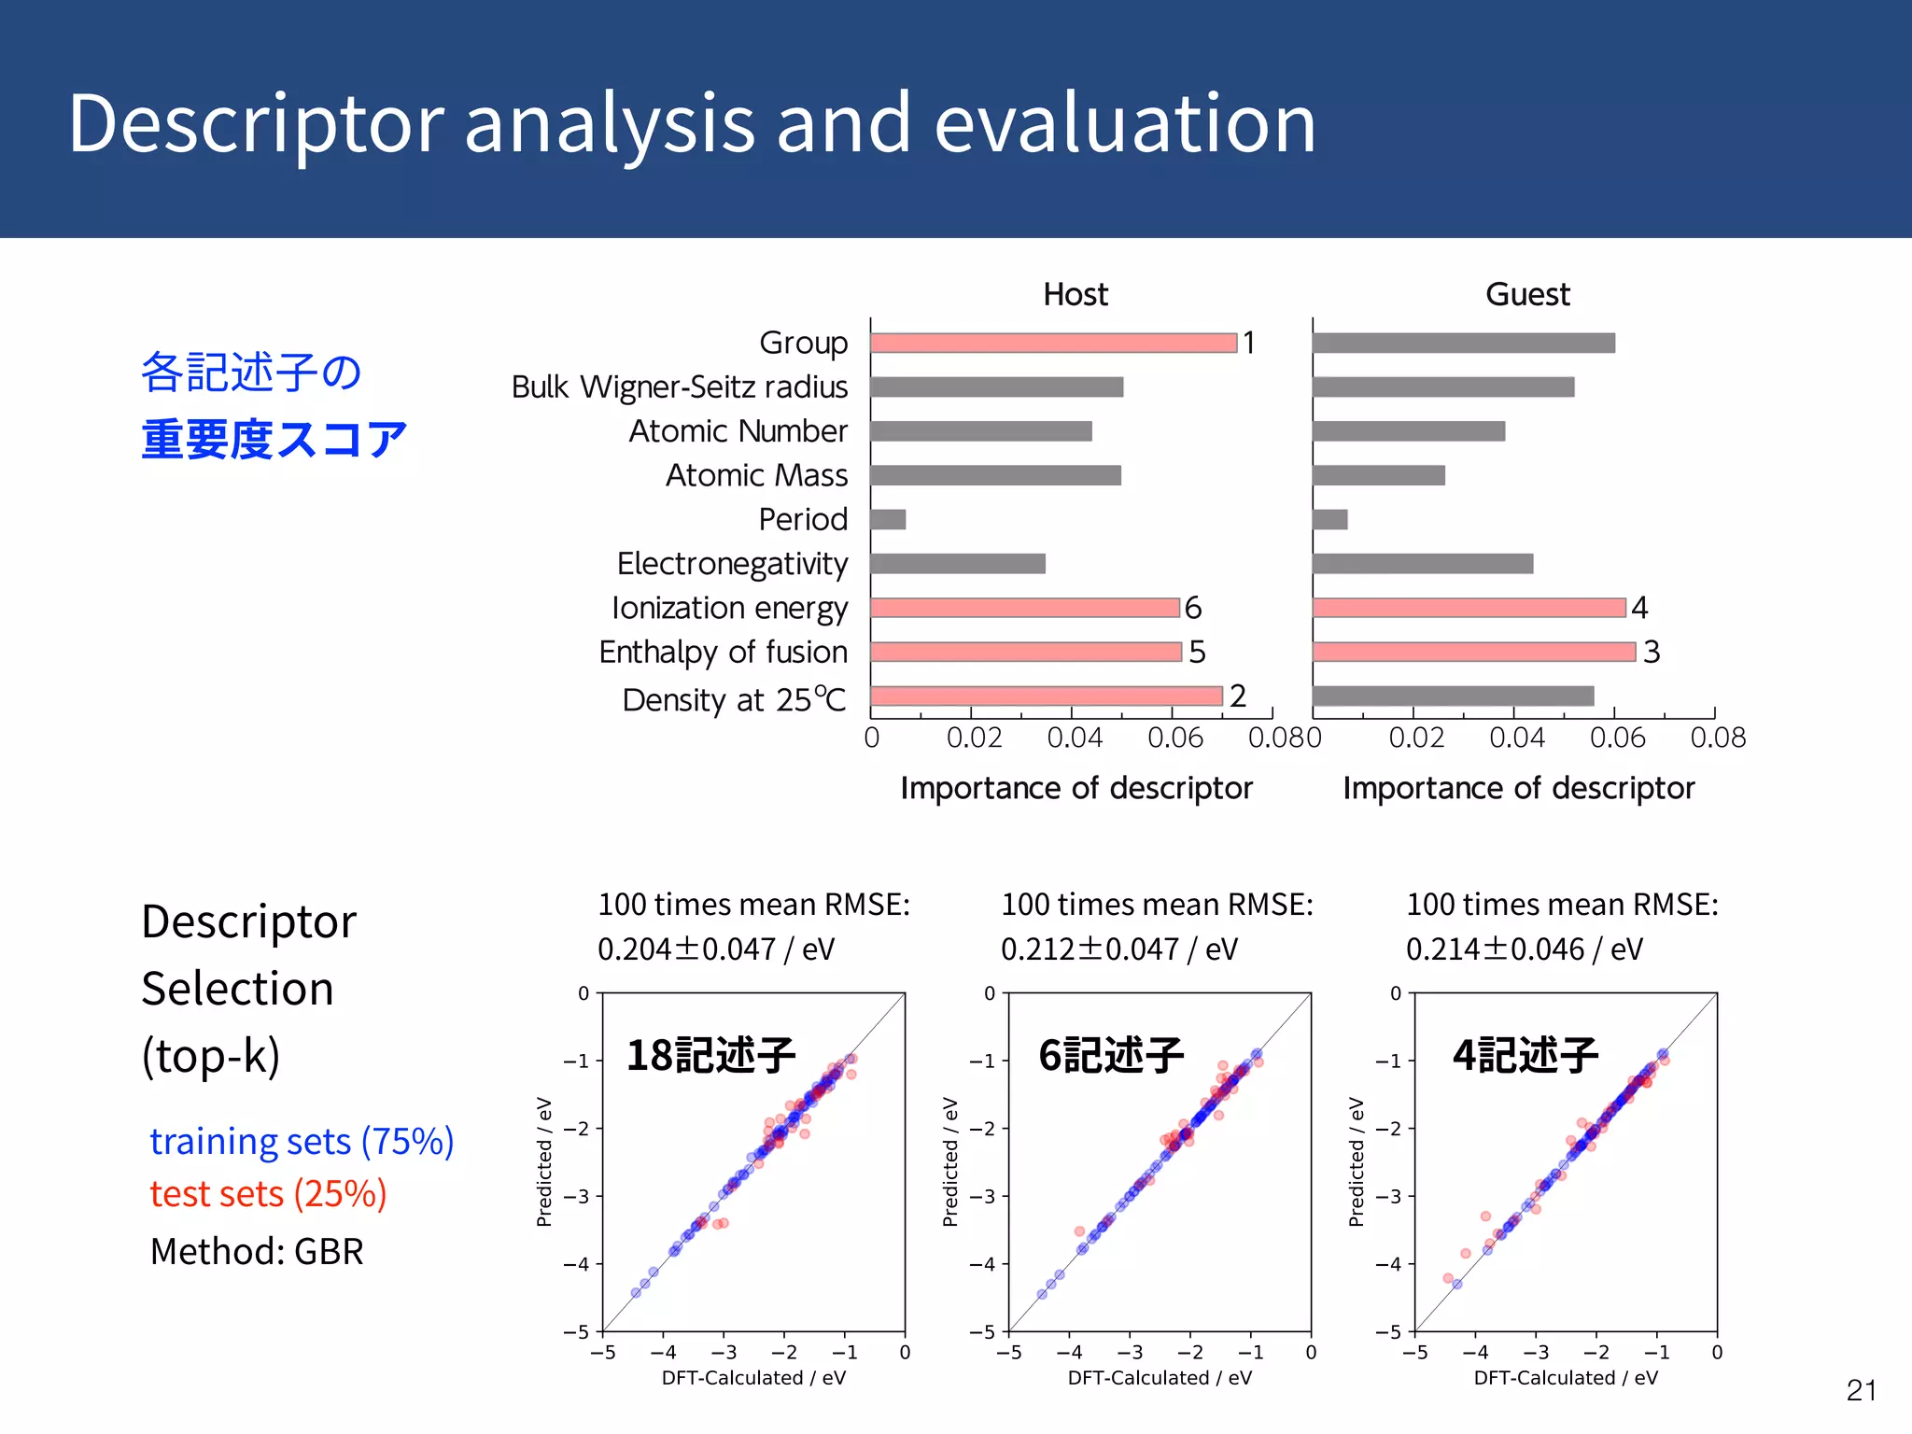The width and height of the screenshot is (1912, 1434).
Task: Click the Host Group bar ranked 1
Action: point(1053,343)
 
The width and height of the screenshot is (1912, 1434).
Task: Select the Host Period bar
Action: point(888,519)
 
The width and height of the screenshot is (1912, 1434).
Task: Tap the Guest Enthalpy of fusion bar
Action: point(1473,652)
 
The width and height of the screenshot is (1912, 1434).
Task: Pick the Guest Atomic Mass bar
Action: point(1378,475)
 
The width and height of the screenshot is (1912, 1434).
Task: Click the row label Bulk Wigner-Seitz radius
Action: point(680,387)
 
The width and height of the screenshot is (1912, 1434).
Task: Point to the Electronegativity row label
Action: point(732,564)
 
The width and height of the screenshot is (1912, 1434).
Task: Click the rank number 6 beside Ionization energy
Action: point(1193,608)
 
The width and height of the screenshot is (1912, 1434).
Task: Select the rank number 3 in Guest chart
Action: point(1651,652)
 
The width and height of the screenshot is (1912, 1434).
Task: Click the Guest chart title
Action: point(1527,295)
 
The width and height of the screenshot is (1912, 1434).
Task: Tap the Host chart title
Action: point(1075,295)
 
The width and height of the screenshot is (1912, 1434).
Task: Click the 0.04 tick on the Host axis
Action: point(1075,738)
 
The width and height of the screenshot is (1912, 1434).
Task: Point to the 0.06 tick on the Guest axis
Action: point(1617,738)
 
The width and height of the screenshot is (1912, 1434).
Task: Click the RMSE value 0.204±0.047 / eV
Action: point(716,949)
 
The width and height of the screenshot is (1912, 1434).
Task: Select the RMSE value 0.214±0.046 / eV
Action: point(1524,949)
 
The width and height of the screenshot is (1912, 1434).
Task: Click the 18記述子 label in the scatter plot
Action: point(710,1056)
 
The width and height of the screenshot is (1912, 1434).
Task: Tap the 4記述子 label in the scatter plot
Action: point(1525,1056)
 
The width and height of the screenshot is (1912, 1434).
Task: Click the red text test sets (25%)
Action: point(268,1194)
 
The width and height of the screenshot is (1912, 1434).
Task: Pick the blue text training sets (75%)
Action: point(302,1142)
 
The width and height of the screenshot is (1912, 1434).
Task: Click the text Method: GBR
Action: point(257,1252)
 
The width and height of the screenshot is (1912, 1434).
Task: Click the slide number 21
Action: point(1861,1390)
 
